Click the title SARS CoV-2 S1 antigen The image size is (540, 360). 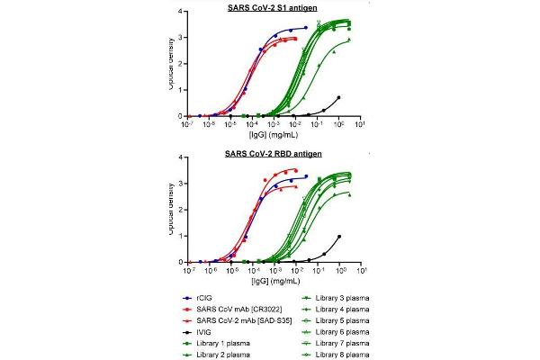tap(273, 7)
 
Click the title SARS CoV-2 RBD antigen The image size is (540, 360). tap(273, 153)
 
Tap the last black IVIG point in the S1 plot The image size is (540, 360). tap(338, 97)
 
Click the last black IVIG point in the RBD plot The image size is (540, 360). tap(339, 237)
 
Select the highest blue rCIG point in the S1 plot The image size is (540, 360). tap(306, 28)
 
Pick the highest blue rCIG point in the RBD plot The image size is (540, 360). tap(306, 176)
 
